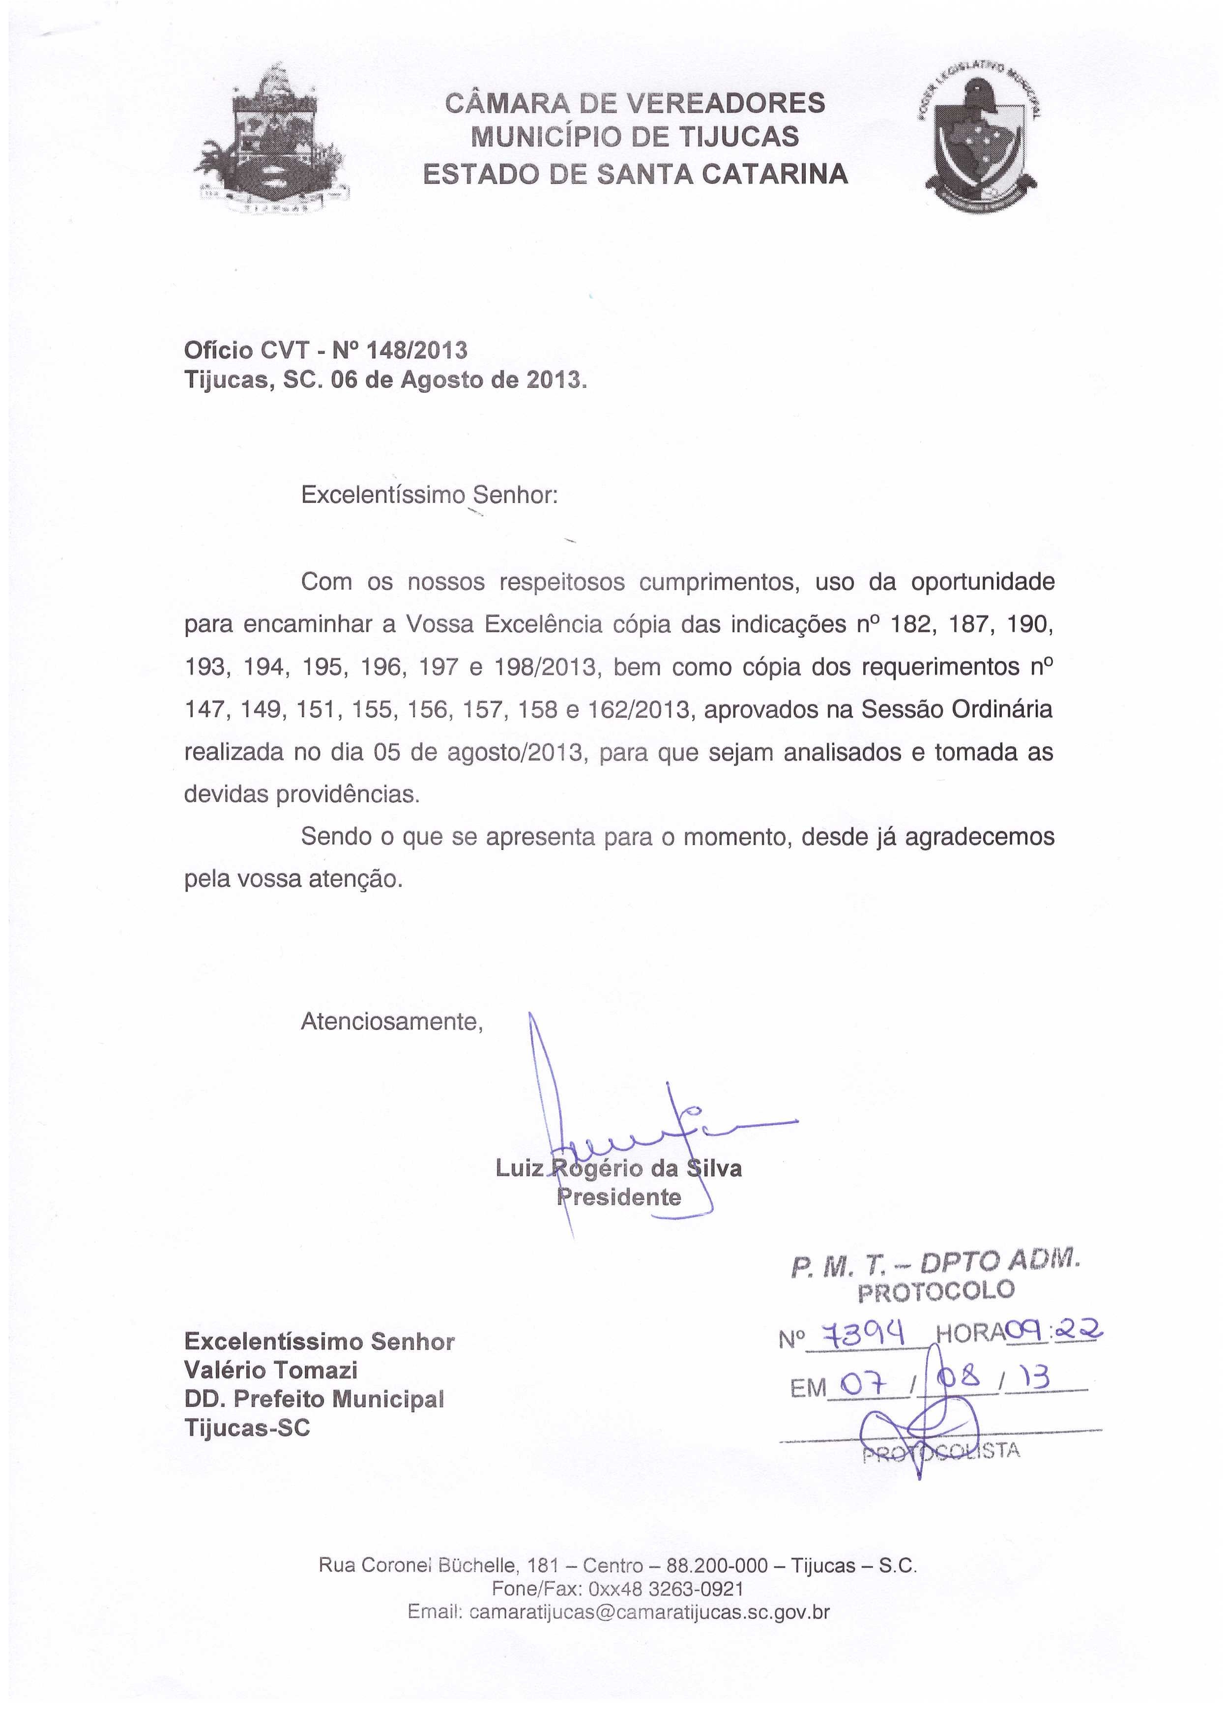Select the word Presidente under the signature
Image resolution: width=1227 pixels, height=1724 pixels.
(619, 1198)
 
